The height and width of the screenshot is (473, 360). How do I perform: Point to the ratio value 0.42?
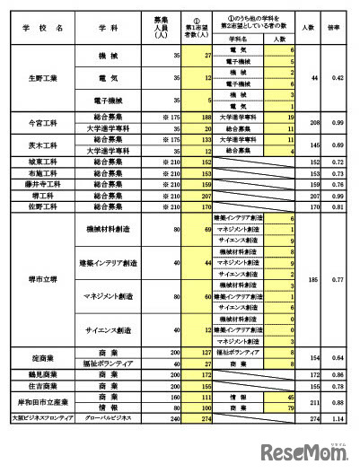coord(333,79)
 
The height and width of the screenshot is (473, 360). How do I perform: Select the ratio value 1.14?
coord(333,417)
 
